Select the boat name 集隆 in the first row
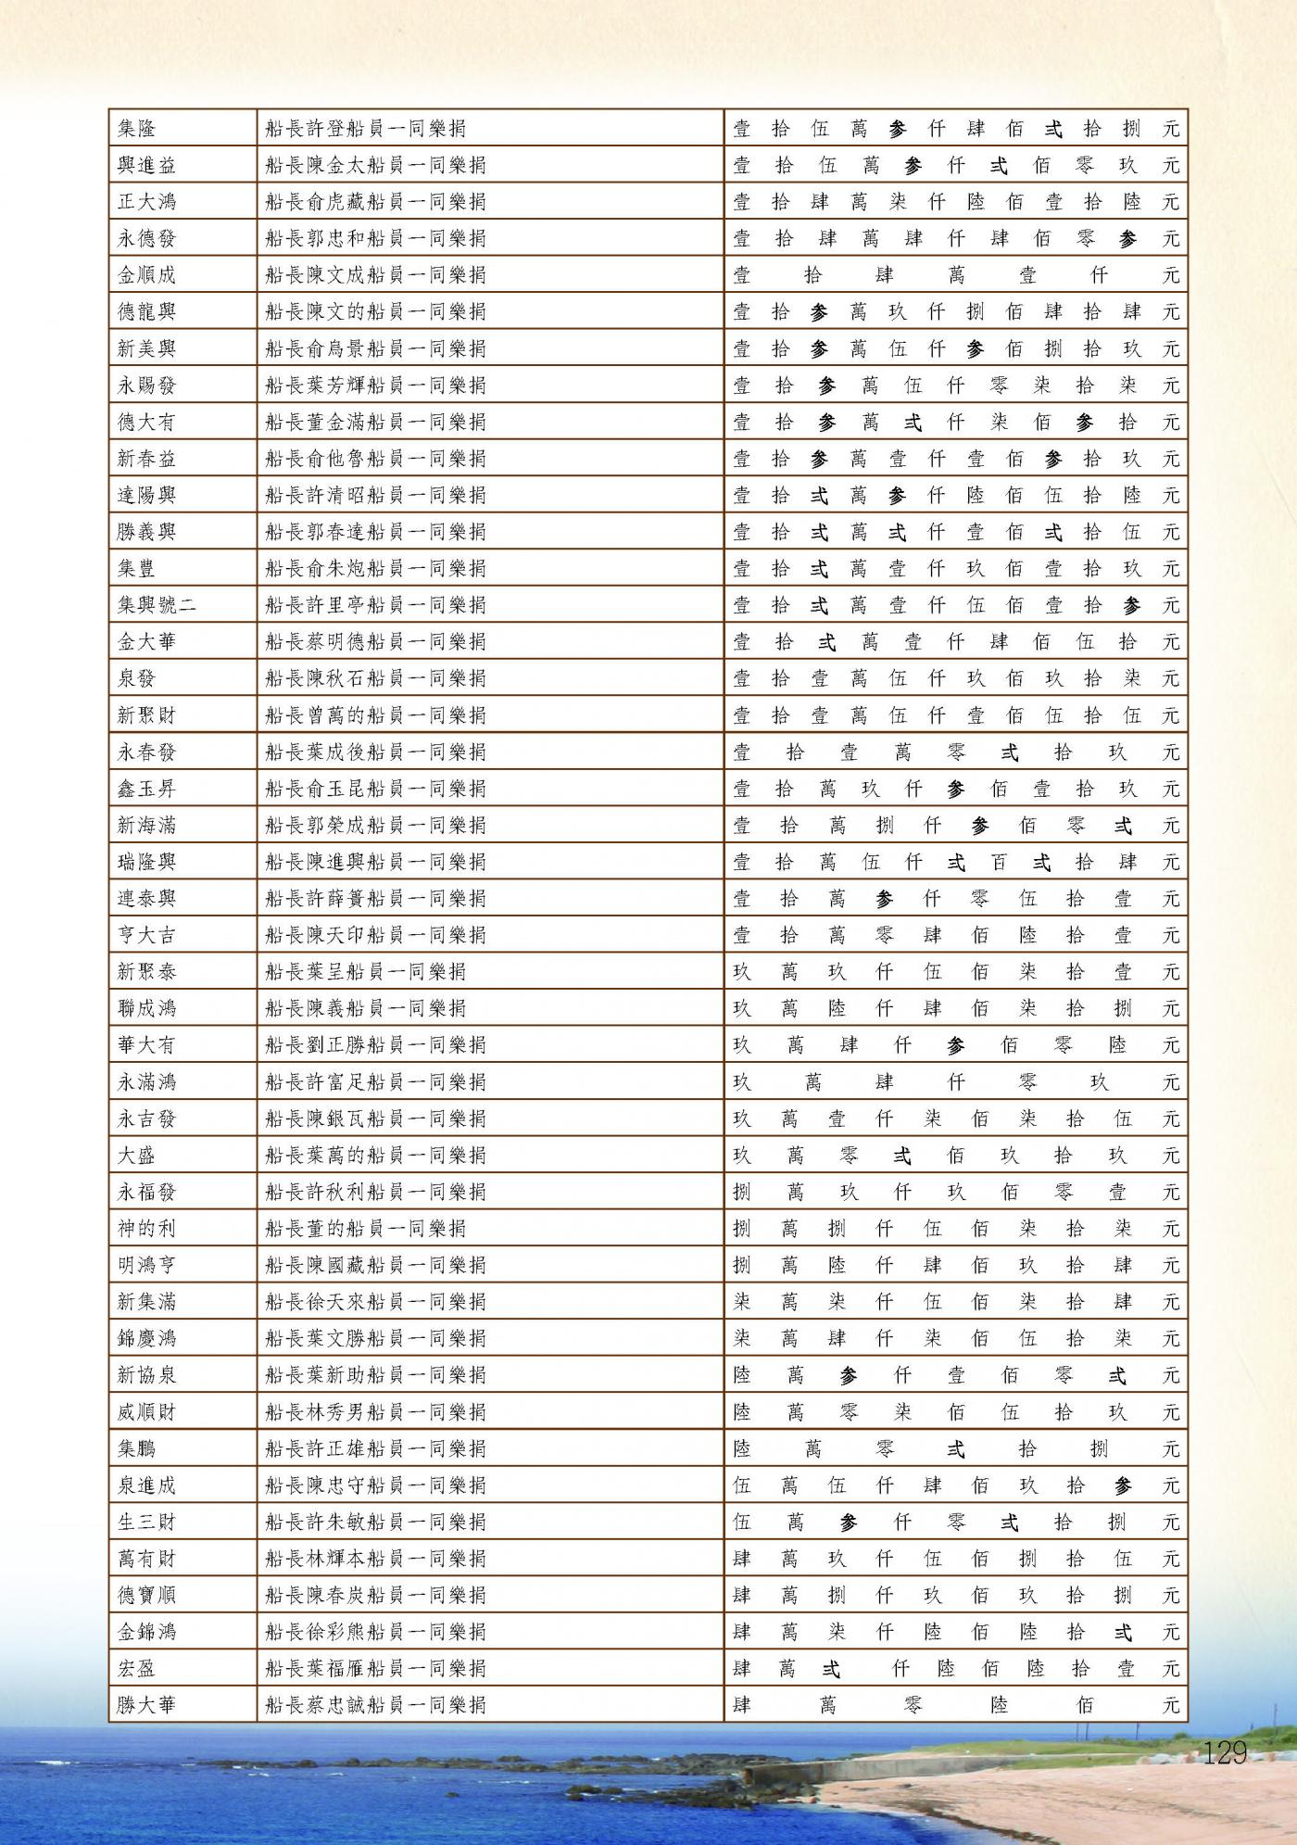pos(137,129)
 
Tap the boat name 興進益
pos(146,166)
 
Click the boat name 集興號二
pos(157,606)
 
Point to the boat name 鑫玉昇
pos(146,790)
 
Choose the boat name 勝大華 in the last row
pos(146,1704)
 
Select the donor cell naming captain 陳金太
pos(375,166)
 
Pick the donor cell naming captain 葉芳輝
pos(375,385)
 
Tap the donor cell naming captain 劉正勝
pos(375,1045)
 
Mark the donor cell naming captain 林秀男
pos(375,1412)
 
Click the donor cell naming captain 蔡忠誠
pos(375,1704)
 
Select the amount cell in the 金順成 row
pos(955,275)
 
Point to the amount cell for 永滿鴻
pos(955,1082)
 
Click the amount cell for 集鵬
pos(955,1448)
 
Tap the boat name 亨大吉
pos(146,936)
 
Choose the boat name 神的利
pos(146,1229)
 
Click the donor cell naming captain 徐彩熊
pos(375,1632)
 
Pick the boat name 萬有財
pos(146,1559)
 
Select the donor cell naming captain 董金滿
pos(375,423)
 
